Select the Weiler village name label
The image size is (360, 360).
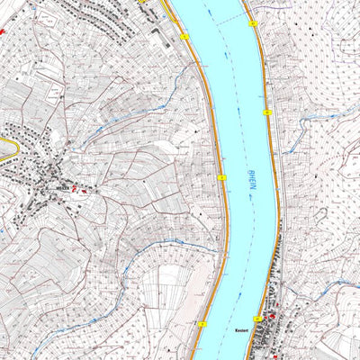(x=63, y=188)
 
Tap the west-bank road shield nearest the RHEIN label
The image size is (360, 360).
(x=221, y=178)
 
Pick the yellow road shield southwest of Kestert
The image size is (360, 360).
(x=203, y=324)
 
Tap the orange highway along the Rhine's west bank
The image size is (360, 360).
(x=214, y=135)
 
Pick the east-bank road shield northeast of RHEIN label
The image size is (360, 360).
(x=268, y=112)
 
